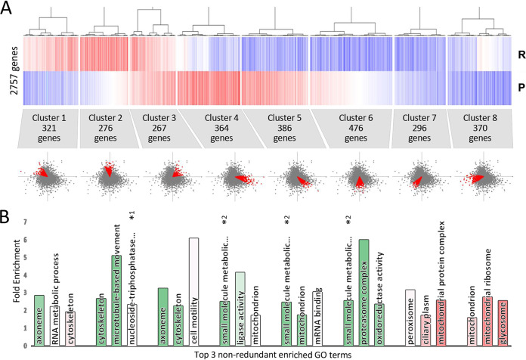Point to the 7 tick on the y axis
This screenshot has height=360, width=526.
(x=25, y=222)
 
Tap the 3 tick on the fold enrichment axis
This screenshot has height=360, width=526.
(x=25, y=293)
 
